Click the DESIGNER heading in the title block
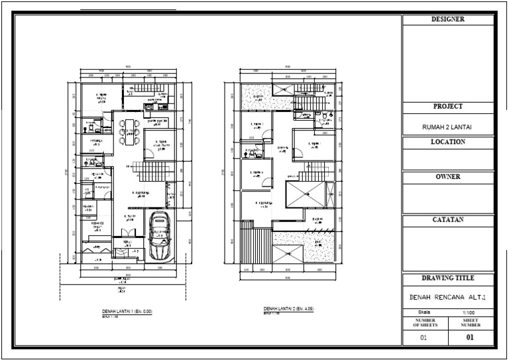point(448,20)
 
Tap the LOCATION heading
point(448,142)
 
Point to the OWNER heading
point(448,178)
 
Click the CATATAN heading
point(448,219)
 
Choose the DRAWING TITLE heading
point(448,278)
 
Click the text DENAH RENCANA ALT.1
point(448,298)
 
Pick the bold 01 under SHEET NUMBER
point(471,337)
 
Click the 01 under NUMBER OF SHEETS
point(425,337)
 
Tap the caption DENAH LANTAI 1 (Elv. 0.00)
point(127,310)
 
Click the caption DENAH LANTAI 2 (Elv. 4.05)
point(290,309)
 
